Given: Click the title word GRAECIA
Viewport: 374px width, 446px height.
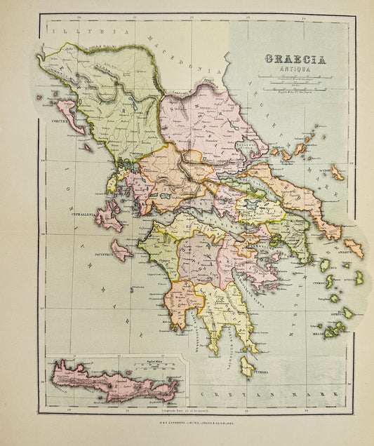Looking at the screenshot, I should coord(295,60).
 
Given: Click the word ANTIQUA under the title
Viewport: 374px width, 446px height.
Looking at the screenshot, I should coord(295,70).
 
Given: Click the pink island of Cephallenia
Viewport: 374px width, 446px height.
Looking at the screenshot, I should coord(109,217).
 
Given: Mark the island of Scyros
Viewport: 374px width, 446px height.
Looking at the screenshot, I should coord(338,173).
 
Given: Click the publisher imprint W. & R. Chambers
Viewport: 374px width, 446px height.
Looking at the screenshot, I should coord(187,421).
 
